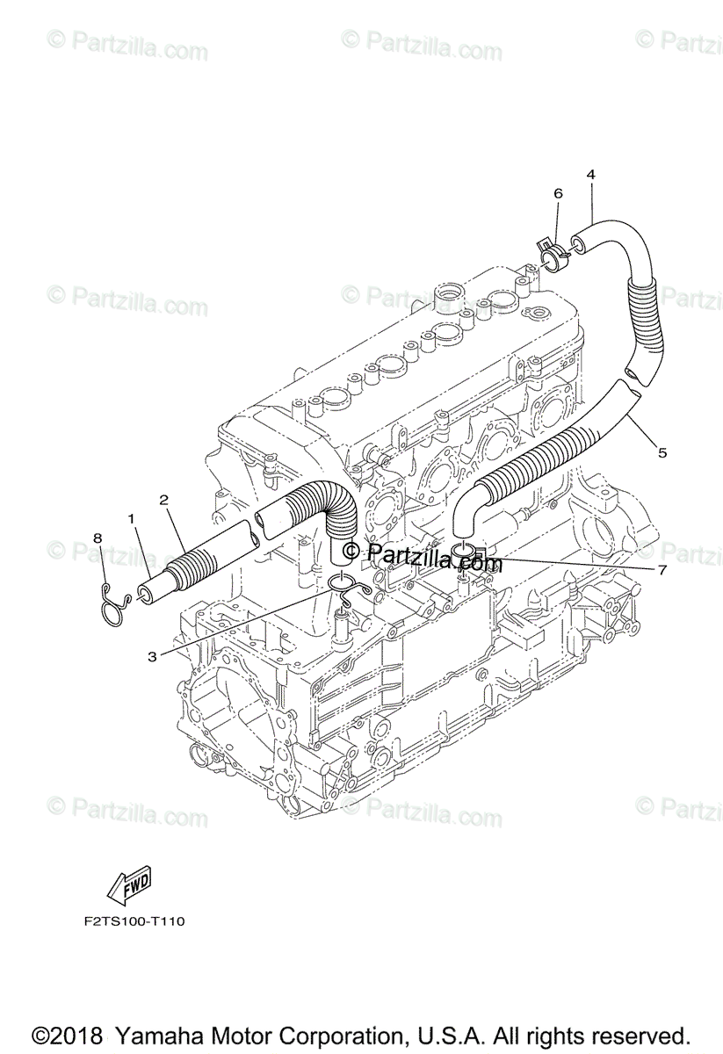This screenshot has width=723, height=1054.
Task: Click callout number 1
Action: click(x=132, y=520)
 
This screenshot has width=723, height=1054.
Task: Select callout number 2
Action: click(x=163, y=500)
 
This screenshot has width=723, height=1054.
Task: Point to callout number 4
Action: click(x=591, y=174)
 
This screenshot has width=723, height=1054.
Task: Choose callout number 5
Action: click(x=662, y=452)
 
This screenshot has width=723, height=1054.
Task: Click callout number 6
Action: click(x=557, y=192)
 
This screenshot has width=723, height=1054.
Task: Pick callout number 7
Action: click(x=662, y=569)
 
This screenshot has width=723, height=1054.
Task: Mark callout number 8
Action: click(x=98, y=538)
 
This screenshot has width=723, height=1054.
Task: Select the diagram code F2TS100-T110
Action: click(x=129, y=921)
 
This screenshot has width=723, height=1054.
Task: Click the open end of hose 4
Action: click(x=579, y=240)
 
